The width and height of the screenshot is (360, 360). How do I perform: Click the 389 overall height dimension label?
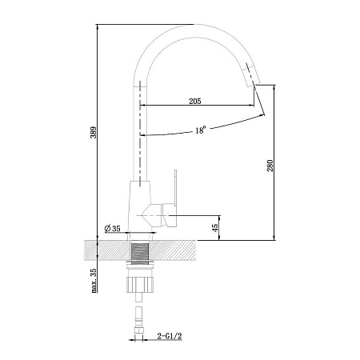94,132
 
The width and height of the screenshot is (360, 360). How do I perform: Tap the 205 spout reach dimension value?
195,101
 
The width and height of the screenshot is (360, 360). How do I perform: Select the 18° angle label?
200,130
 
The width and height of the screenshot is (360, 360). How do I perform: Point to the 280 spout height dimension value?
270,166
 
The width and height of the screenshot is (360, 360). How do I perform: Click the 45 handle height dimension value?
214,227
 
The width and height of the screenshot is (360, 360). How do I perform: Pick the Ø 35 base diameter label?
113,228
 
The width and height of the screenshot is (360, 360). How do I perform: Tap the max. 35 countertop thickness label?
94,281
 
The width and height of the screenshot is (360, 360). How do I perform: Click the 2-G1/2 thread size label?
170,336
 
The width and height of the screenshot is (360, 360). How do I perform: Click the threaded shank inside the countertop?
140,251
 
